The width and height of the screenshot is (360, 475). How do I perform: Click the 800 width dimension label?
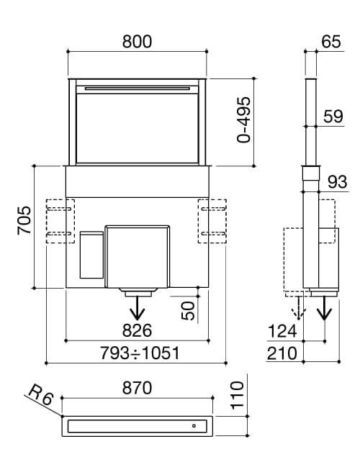[137, 41]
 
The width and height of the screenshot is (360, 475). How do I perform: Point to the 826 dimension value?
[137, 330]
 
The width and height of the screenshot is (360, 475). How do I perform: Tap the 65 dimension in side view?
[331, 41]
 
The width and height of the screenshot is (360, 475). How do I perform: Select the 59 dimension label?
[333, 116]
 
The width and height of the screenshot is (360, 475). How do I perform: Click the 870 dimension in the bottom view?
[137, 388]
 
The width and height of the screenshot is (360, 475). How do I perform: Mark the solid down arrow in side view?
[325, 309]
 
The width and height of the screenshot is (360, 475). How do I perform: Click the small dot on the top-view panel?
[193, 426]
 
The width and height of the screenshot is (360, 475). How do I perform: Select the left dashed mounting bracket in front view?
[60, 221]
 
